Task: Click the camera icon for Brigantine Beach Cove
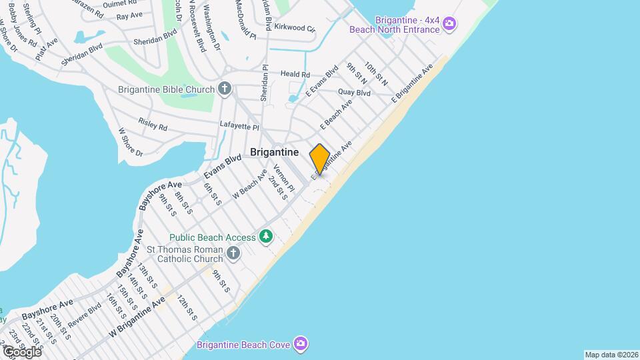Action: (x=301, y=344)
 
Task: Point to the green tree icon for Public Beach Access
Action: (x=267, y=237)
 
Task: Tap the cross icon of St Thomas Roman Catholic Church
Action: (x=233, y=253)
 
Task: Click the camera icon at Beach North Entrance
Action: (x=449, y=25)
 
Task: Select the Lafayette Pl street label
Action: (x=239, y=125)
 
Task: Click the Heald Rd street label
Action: (x=295, y=74)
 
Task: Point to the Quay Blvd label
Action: (x=354, y=93)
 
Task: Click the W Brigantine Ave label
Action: (x=137, y=316)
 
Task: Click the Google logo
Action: (x=21, y=351)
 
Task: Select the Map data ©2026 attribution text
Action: (x=611, y=355)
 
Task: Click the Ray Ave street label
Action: (x=129, y=15)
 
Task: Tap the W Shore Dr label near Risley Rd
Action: (x=131, y=142)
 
